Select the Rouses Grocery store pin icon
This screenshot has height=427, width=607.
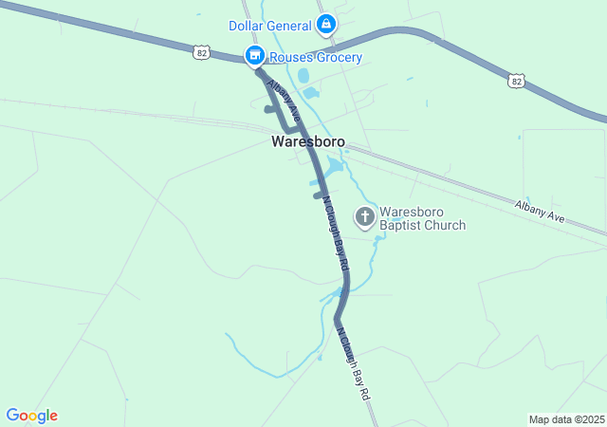pos(254,57)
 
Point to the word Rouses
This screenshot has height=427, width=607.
pos(292,58)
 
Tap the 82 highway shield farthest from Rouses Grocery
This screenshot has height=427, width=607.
pos(515,82)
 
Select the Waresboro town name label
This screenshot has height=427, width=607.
pos(307,142)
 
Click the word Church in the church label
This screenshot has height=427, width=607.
pos(446,226)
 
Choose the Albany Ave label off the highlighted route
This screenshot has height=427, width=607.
pos(540,212)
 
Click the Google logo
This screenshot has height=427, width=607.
pos(31,416)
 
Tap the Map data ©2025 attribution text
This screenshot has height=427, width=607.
pos(566,419)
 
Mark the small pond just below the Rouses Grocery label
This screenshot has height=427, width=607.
pos(303,76)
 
